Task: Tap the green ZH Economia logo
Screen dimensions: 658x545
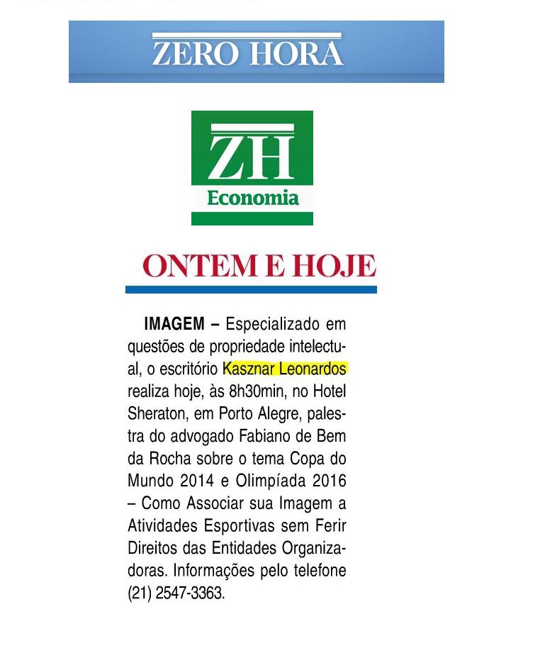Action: coord(252,167)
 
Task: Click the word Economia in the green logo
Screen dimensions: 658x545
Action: coord(252,198)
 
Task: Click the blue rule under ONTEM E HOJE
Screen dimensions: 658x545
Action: coord(251,289)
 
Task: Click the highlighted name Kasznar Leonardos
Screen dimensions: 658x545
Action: coord(284,369)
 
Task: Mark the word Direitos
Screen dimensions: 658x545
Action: coord(152,548)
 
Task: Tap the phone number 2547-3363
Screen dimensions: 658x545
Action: coord(189,593)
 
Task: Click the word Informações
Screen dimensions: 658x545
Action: coord(220,571)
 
